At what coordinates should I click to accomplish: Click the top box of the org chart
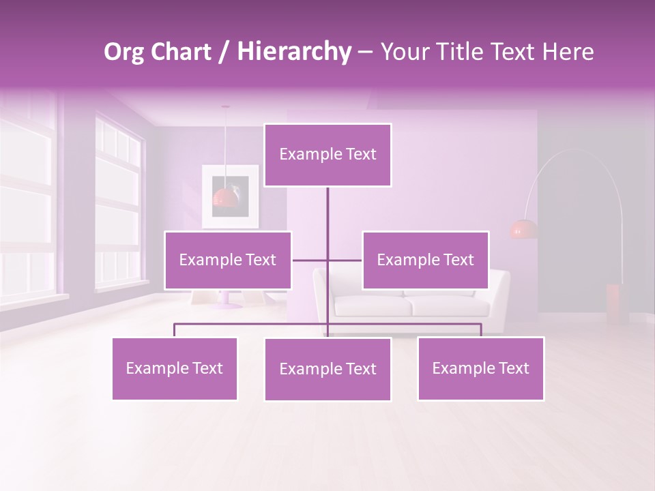(x=327, y=155)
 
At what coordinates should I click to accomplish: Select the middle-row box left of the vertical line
(x=228, y=260)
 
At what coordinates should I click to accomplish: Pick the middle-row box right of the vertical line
(x=425, y=260)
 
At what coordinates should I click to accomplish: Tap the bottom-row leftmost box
(x=175, y=368)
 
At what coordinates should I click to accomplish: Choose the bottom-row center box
(x=327, y=369)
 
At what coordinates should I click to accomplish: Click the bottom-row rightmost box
(x=480, y=368)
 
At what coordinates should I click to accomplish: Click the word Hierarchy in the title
(x=293, y=52)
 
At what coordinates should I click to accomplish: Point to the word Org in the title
(x=124, y=52)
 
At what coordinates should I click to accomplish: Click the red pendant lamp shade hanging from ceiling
(x=225, y=198)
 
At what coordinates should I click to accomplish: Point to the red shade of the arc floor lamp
(x=523, y=229)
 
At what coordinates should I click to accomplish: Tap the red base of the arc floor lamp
(x=617, y=303)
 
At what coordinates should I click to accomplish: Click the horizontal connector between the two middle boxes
(x=327, y=260)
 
